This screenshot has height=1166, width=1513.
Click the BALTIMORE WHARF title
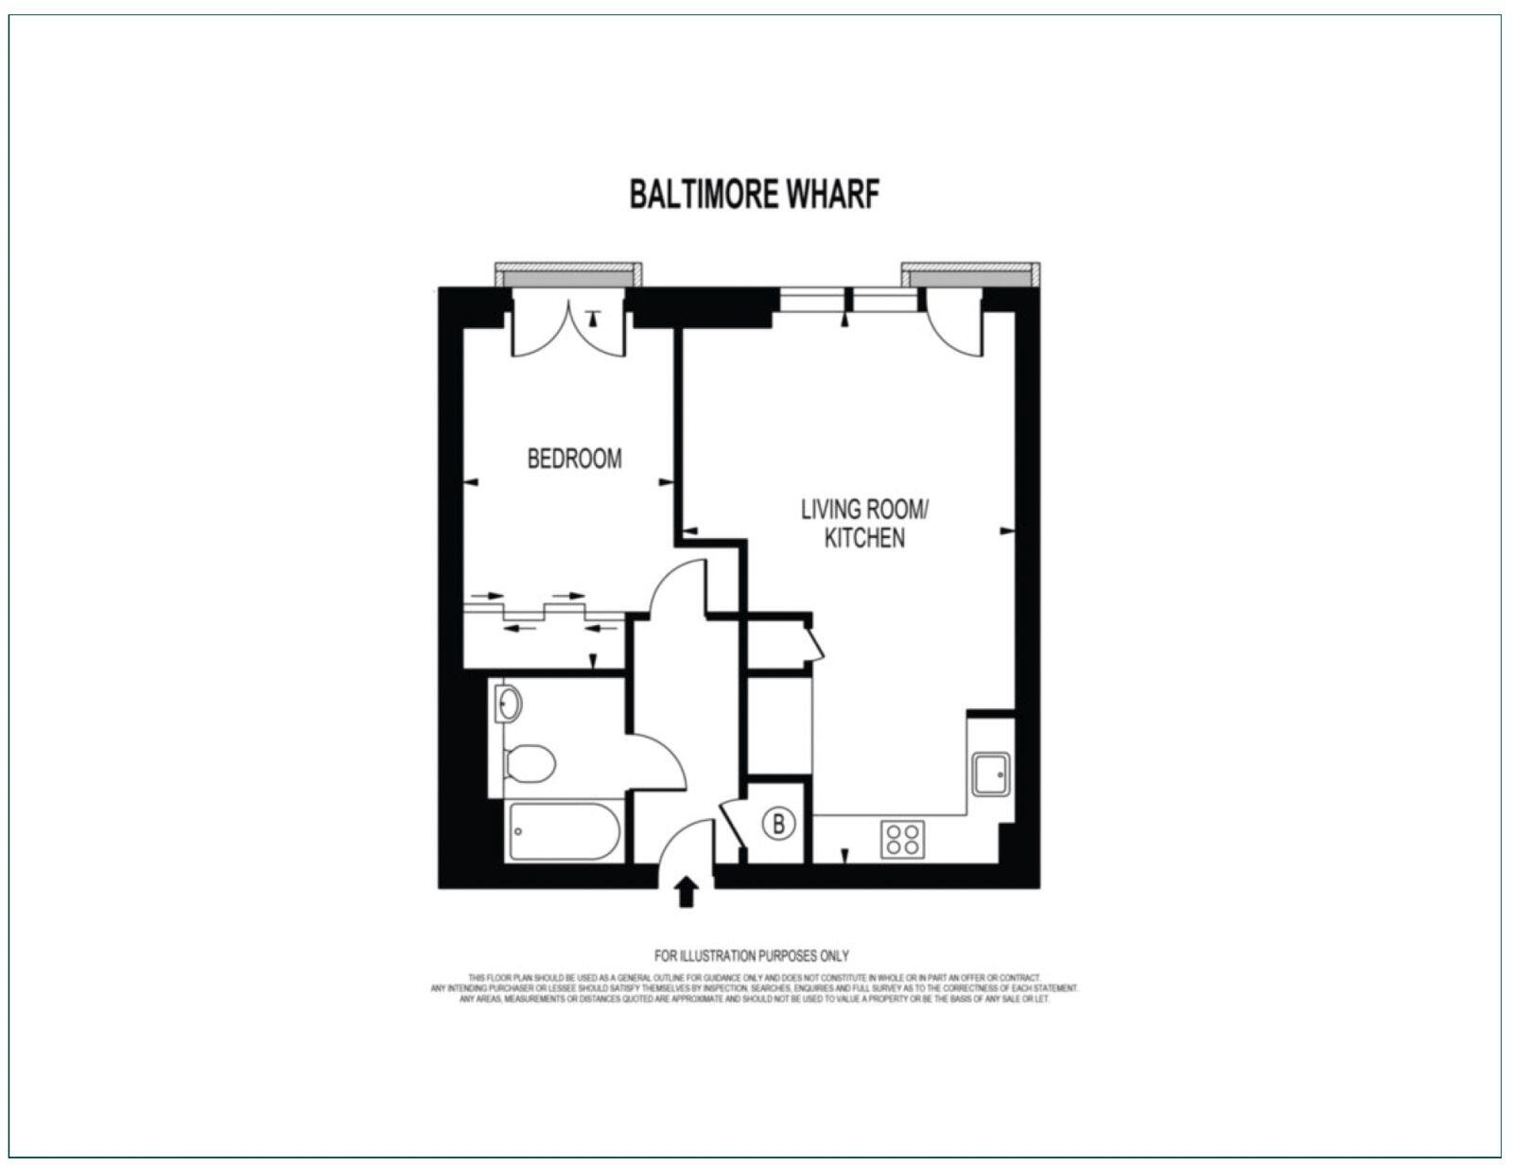pos(755,194)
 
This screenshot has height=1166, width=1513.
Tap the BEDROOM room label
pos(574,459)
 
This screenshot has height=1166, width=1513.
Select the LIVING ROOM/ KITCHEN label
pos(865,524)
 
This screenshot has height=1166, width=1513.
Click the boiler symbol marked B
pos(778,824)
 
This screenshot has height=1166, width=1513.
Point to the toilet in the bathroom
pos(529,763)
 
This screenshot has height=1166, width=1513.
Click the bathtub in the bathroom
pos(565,831)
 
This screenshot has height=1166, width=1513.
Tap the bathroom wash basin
pos(508,703)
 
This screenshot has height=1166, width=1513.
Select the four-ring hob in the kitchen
pos(901,839)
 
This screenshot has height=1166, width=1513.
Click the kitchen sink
pos(991,774)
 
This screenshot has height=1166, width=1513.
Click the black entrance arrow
pos(687,892)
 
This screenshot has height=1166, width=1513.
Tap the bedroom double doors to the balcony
pos(567,326)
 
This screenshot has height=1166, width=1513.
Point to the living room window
pos(848,301)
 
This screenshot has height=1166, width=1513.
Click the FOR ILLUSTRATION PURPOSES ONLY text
pos(752,956)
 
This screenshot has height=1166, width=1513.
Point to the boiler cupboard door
pos(731,828)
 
